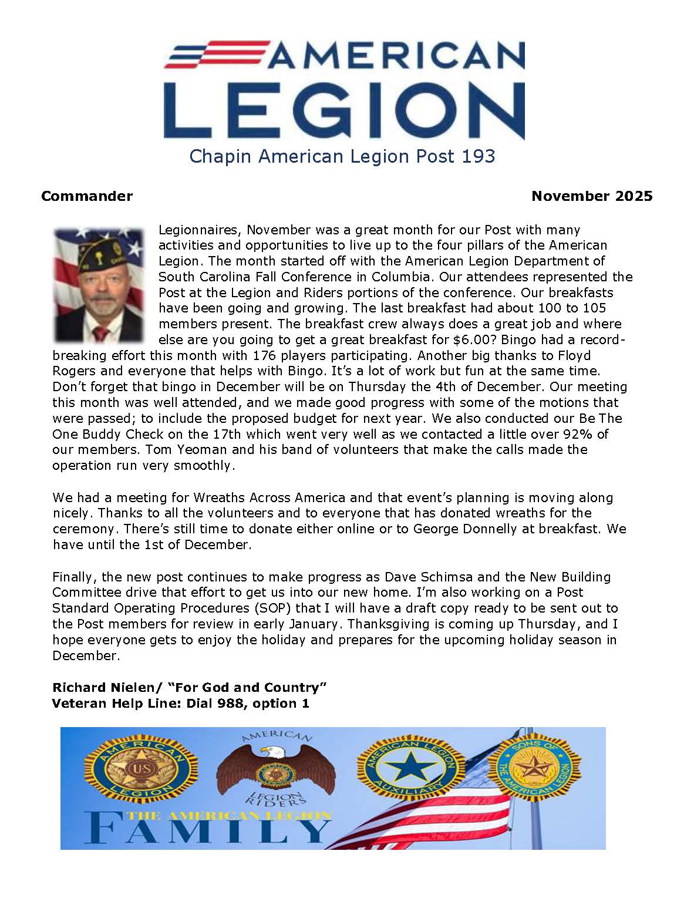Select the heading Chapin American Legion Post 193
pyautogui.click(x=342, y=156)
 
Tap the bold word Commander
pyautogui.click(x=87, y=196)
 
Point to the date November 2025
pyautogui.click(x=591, y=196)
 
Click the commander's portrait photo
pyautogui.click(x=99, y=285)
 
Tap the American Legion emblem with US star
pyautogui.click(x=142, y=769)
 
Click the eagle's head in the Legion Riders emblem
pyautogui.click(x=270, y=752)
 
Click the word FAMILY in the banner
pyautogui.click(x=208, y=829)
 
